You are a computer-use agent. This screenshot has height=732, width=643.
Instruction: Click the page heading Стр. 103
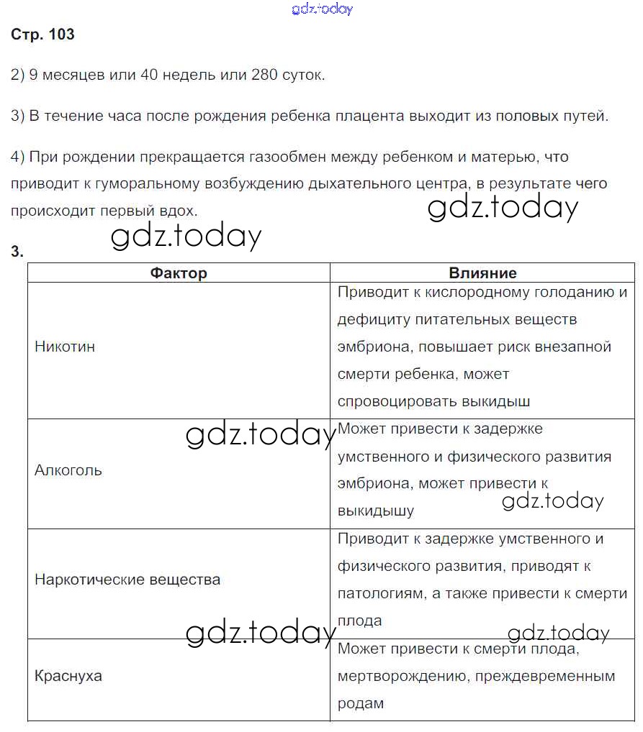click(42, 35)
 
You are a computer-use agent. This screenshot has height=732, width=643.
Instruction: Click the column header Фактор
click(179, 273)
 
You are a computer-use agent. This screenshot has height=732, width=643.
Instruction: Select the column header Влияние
click(482, 273)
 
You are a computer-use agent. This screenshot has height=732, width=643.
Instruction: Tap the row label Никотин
click(65, 347)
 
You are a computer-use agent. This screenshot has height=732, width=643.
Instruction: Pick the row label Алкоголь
click(68, 470)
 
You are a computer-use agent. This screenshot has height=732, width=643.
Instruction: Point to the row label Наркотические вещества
click(127, 580)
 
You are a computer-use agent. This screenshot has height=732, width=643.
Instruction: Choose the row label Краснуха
click(68, 676)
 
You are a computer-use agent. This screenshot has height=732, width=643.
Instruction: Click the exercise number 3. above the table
click(17, 251)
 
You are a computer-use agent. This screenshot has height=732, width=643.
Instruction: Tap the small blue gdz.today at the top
click(322, 9)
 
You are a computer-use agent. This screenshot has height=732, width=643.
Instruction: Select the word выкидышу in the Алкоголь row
click(376, 511)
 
